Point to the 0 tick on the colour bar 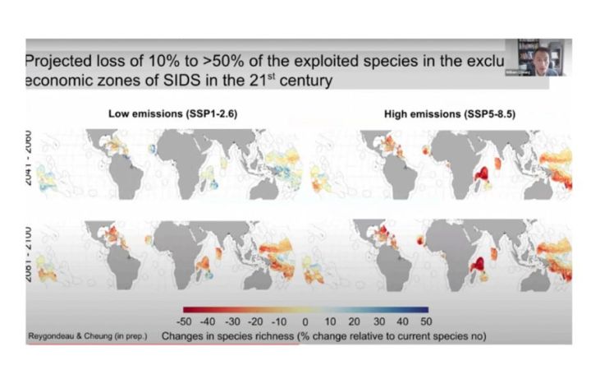click(305, 321)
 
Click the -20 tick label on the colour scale click(255, 321)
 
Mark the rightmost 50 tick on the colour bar click(424, 321)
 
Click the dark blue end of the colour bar click(423, 310)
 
